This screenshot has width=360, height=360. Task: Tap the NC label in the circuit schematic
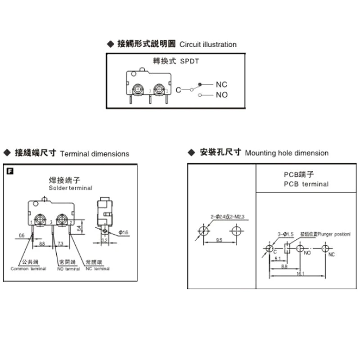click(x=221, y=84)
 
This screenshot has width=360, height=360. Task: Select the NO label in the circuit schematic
click(x=222, y=94)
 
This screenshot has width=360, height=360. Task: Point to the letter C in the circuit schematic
click(x=178, y=90)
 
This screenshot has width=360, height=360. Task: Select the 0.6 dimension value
click(x=22, y=235)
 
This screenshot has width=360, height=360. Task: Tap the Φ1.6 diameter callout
click(x=123, y=232)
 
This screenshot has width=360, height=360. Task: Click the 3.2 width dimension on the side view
click(x=104, y=241)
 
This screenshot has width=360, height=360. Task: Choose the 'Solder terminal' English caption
click(x=70, y=188)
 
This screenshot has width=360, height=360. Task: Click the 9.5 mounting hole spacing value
click(x=219, y=240)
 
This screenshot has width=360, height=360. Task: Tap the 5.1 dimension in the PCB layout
click(x=277, y=258)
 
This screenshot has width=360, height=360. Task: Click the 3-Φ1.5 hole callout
click(x=285, y=234)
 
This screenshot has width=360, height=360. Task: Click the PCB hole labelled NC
click(x=324, y=248)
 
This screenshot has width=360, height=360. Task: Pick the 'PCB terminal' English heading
click(x=306, y=184)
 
